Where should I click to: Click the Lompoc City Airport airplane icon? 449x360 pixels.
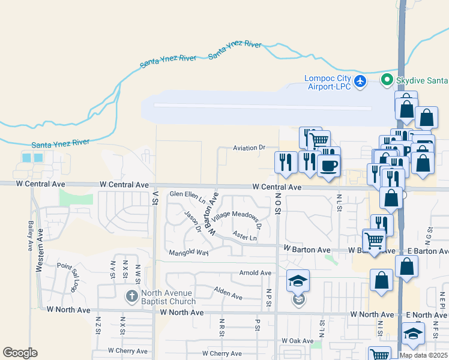click(360, 82)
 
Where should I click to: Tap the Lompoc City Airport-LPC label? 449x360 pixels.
click(328, 82)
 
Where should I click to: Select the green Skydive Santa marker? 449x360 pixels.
click(388, 80)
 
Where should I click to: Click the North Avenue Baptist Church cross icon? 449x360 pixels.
click(132, 296)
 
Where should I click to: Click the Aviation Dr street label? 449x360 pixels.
click(249, 147)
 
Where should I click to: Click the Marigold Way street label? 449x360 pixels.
click(188, 253)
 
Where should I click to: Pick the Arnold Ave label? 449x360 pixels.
click(255, 273)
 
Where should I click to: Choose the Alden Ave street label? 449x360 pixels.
click(228, 293)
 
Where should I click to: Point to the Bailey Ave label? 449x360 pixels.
click(30, 235)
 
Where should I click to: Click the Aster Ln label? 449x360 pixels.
click(244, 236)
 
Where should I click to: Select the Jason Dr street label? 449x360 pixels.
click(193, 223)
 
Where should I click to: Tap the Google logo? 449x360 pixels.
click(20, 353)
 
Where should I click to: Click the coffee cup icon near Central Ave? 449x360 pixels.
click(328, 164)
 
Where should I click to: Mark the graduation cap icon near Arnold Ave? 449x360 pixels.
click(298, 280)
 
